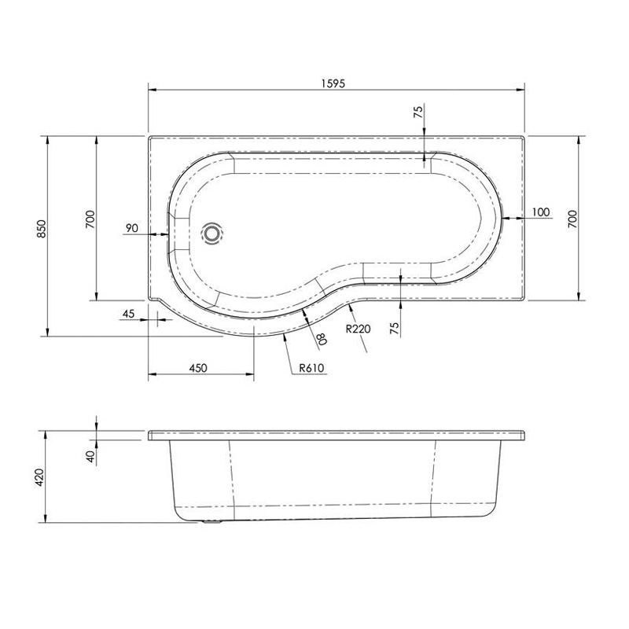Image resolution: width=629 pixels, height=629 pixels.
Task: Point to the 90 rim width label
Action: [x=131, y=228]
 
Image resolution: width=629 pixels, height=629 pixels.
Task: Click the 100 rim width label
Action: [x=539, y=213]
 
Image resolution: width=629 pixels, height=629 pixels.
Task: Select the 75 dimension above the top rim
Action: [x=417, y=112]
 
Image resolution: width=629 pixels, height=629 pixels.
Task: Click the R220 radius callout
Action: [x=358, y=329]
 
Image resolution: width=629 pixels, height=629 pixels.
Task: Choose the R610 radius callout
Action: [x=311, y=367]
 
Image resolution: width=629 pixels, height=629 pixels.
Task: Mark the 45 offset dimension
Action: [x=130, y=314]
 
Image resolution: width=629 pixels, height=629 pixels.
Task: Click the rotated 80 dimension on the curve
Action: [x=320, y=339]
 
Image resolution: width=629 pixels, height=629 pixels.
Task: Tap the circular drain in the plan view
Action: [x=212, y=234]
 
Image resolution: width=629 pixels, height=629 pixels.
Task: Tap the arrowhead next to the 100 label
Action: [x=507, y=219]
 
